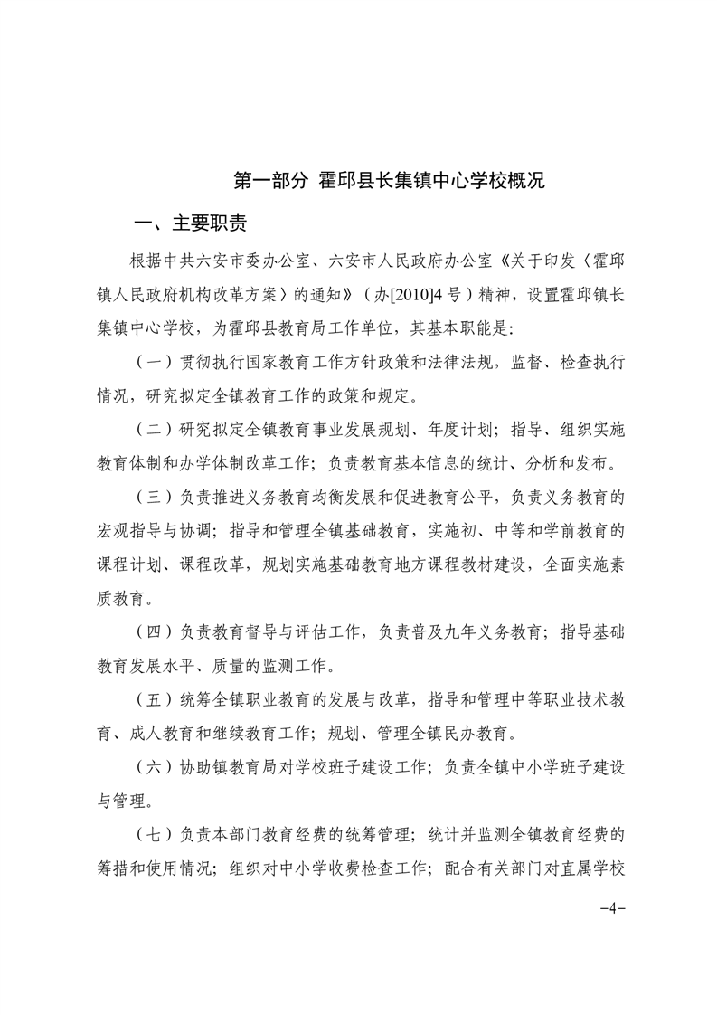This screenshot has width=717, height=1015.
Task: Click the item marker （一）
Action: pyautogui.click(x=153, y=362)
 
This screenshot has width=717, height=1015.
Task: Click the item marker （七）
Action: pyautogui.click(x=153, y=833)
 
